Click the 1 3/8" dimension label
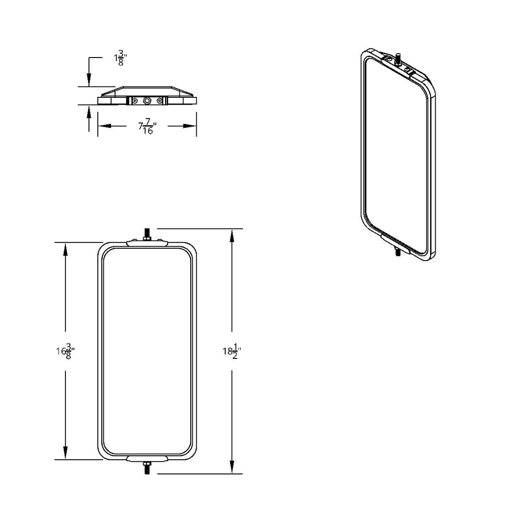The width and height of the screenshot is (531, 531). (x=120, y=59)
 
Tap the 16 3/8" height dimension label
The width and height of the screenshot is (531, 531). (x=65, y=351)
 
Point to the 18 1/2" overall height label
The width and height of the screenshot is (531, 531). (x=232, y=351)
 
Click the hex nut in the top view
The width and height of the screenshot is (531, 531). (x=147, y=101)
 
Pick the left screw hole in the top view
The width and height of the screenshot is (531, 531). (x=135, y=101)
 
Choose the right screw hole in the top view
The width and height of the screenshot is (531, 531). (x=159, y=101)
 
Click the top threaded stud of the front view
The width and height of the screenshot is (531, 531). (x=147, y=235)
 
